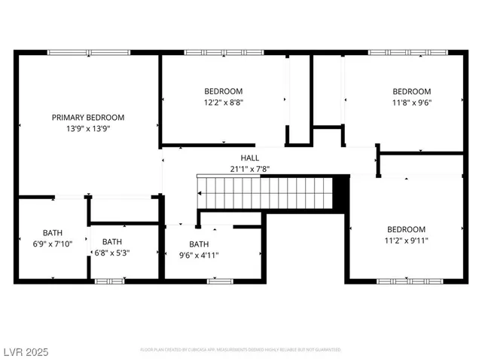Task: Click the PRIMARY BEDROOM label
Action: (88, 118)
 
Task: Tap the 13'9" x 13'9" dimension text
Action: (88, 128)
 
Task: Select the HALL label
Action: (249, 158)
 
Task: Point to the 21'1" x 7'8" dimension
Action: (249, 169)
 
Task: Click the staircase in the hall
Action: (264, 192)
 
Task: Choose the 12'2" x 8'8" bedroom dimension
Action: (223, 102)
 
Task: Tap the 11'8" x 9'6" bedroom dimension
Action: (411, 102)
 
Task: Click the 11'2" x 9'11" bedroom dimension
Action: (406, 241)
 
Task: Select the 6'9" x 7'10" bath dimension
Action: (53, 244)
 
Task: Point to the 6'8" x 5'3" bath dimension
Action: (112, 253)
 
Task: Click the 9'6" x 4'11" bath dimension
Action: (199, 255)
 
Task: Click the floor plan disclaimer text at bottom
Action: (240, 350)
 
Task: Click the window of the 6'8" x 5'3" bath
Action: (109, 281)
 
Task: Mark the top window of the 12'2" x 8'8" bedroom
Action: (223, 52)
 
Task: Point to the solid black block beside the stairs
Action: (340, 192)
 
